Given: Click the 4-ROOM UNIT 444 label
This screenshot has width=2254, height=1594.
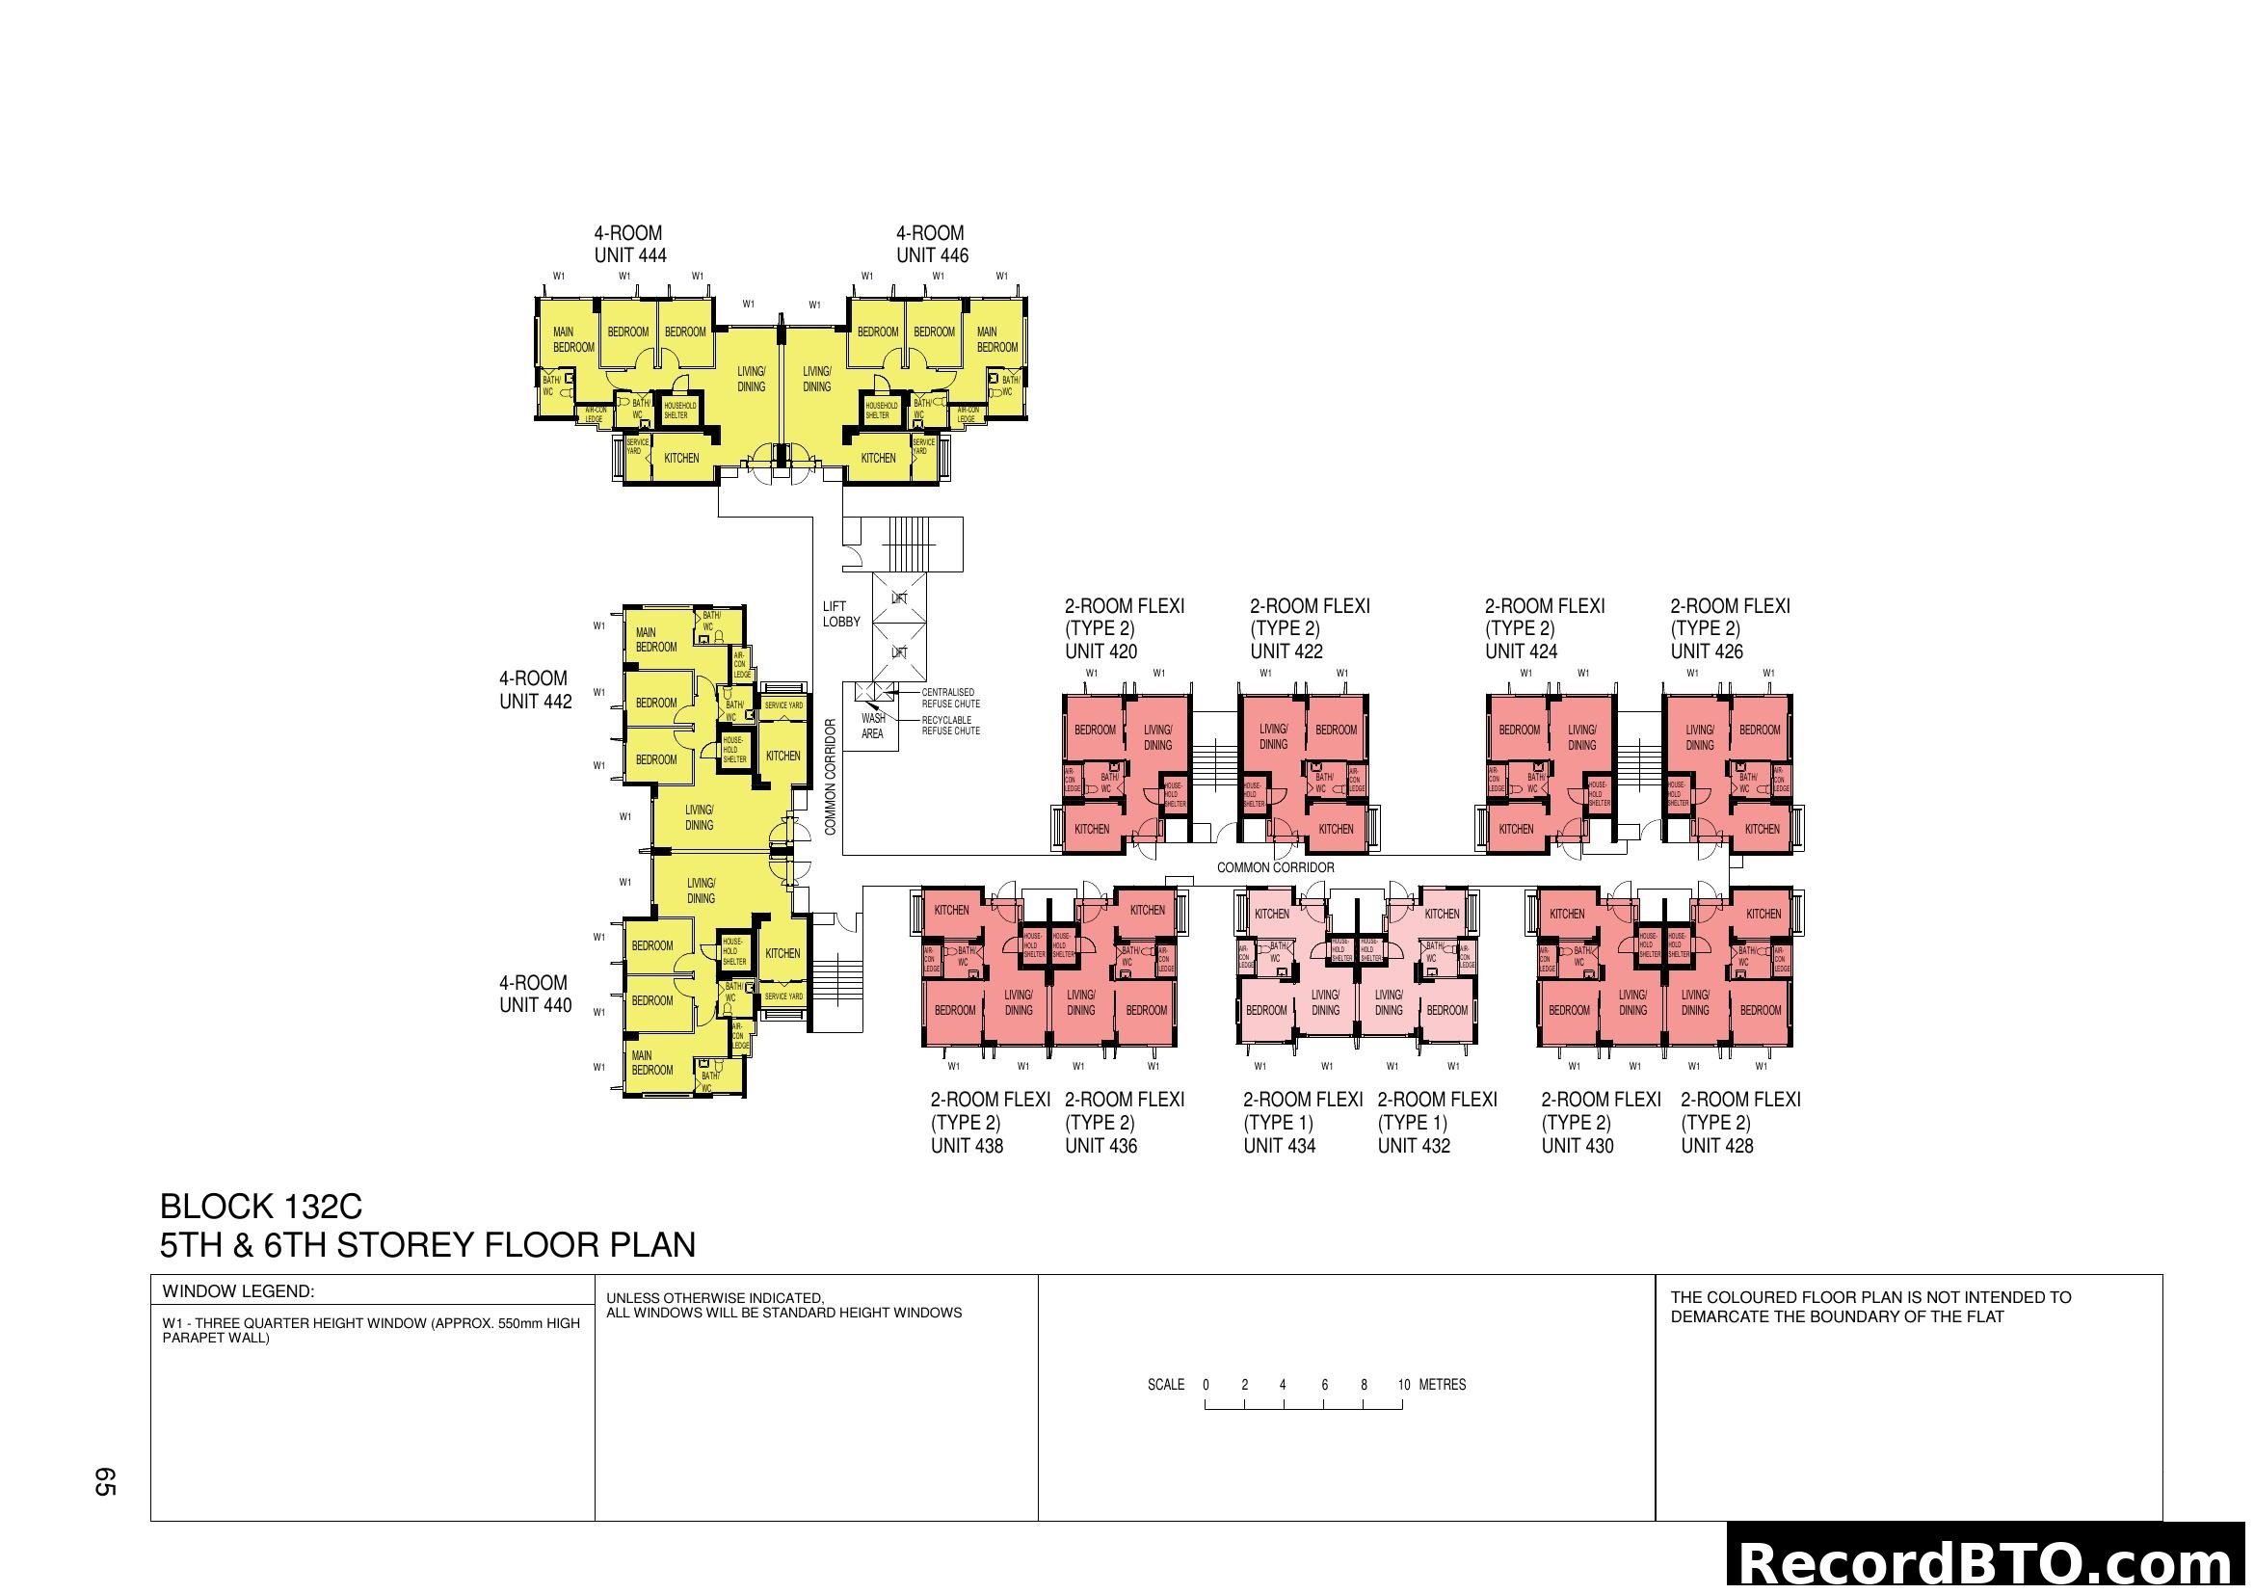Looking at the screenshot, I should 629,245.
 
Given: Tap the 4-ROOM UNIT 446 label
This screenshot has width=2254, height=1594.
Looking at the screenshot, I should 931,245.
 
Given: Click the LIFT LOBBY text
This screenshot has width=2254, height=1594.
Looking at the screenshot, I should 840,615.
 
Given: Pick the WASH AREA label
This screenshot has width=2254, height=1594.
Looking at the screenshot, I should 872,726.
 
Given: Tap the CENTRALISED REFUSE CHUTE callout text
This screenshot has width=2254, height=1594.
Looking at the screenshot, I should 949,698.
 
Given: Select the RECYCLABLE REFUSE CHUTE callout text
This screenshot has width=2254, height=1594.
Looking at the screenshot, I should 949,726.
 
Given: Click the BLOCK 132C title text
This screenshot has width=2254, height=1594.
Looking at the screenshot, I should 260,1207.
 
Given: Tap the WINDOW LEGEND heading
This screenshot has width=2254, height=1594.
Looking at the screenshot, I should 238,1291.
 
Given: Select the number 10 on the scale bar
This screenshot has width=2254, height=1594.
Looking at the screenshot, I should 1403,1385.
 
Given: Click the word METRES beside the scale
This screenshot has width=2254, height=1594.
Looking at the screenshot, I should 1443,1385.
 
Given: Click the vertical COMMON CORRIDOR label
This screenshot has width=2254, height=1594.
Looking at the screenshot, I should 831,778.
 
